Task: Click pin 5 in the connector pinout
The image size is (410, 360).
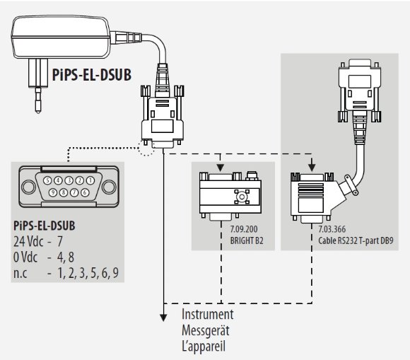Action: [x=47, y=180]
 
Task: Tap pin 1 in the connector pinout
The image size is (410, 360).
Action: [x=90, y=180]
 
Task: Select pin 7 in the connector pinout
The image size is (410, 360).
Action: [x=74, y=192]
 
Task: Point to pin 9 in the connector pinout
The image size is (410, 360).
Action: [x=53, y=192]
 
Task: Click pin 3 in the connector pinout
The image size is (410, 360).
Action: [x=69, y=180]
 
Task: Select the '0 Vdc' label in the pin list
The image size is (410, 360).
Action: [x=28, y=257]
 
